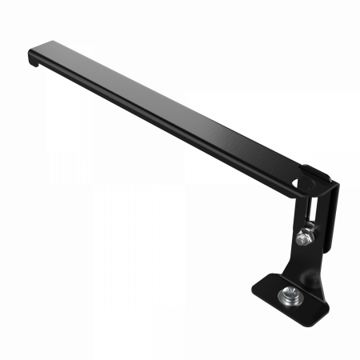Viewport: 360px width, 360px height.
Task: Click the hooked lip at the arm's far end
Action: [31, 58]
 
